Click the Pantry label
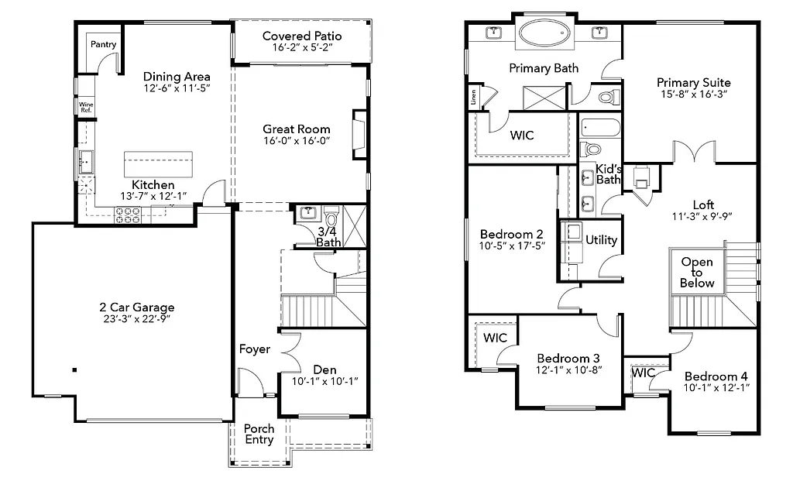click(103, 44)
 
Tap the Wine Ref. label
click(85, 107)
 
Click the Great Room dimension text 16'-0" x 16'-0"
click(296, 142)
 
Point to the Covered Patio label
click(301, 36)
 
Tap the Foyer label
click(254, 349)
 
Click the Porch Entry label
click(259, 434)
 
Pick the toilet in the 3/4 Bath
click(331, 214)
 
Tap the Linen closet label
click(473, 98)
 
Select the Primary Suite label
click(693, 82)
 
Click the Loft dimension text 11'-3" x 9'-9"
click(703, 217)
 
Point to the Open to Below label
click(696, 273)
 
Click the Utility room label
click(601, 240)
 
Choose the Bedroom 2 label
click(511, 234)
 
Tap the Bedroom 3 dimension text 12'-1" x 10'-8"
click(568, 370)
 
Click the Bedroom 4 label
click(716, 374)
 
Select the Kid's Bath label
click(608, 174)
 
